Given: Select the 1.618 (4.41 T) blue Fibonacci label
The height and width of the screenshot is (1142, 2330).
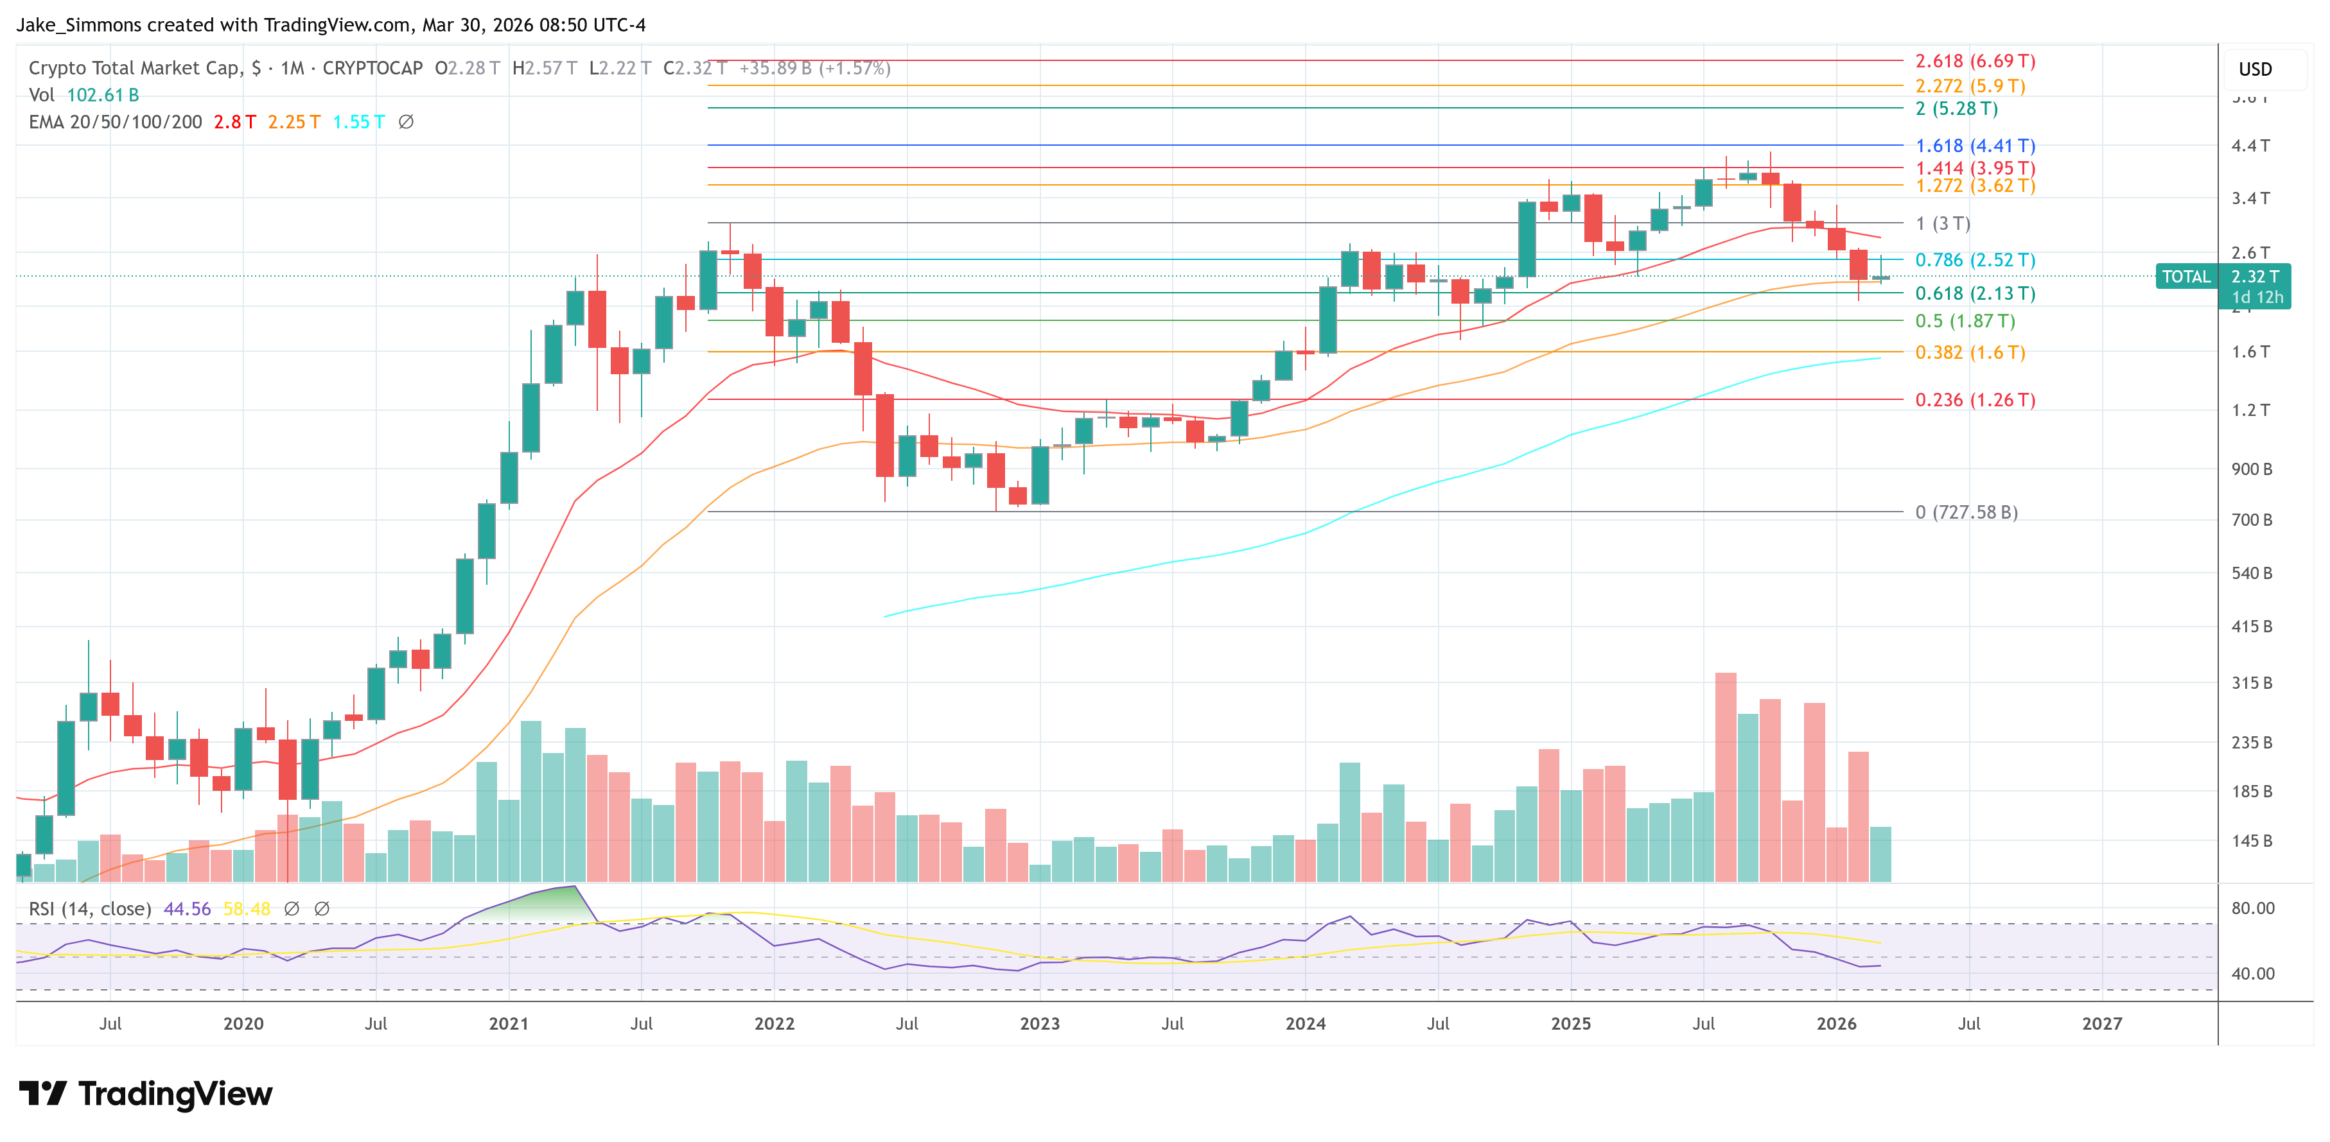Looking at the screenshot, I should click(x=1975, y=146).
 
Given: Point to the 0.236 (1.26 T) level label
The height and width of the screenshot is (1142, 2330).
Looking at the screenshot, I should click(x=1975, y=400).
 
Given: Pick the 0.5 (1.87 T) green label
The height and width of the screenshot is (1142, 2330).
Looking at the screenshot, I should click(x=1965, y=321).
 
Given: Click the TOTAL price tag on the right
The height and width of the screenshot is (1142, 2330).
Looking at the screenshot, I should click(x=2185, y=277).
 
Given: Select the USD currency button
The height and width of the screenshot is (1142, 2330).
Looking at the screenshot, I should click(x=2254, y=69).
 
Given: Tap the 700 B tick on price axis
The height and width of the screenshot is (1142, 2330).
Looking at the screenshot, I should click(x=2250, y=520).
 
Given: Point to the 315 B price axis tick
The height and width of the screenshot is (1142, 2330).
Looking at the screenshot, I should click(x=2250, y=682).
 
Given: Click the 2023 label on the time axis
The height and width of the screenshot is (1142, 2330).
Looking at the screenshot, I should click(x=1039, y=1023).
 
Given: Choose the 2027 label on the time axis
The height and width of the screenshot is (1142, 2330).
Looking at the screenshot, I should click(x=2101, y=1023).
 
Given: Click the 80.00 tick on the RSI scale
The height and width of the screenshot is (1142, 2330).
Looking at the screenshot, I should click(x=2251, y=908).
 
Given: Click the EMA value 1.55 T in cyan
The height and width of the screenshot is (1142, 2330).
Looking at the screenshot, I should click(x=358, y=122).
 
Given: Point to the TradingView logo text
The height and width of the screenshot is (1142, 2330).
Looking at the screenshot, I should click(x=175, y=1094).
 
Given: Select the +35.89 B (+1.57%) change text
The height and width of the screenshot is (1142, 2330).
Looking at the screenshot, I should click(x=814, y=69).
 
